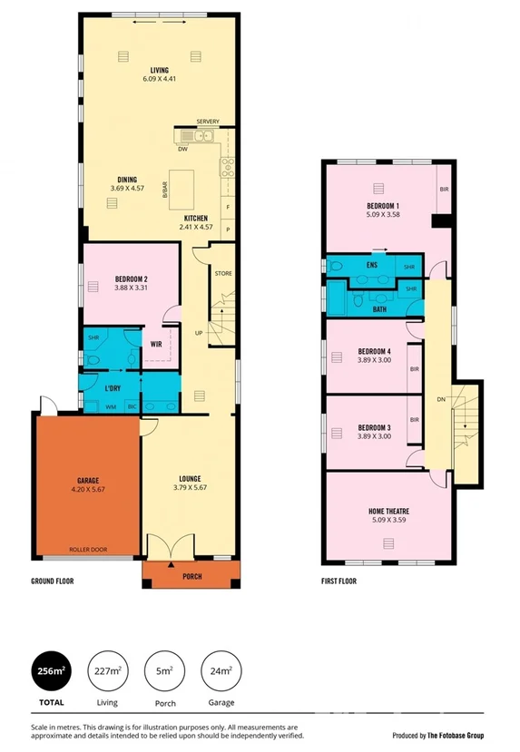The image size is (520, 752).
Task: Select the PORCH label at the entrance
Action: (x=191, y=577)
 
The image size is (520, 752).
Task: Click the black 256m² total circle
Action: (x=51, y=672)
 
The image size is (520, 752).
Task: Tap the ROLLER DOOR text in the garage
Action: (x=87, y=549)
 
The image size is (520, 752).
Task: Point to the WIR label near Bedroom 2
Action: (x=156, y=344)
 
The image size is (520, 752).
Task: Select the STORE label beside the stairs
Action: (x=223, y=272)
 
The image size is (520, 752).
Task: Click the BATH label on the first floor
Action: (x=379, y=309)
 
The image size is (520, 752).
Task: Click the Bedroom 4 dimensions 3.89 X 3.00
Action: (x=375, y=360)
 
